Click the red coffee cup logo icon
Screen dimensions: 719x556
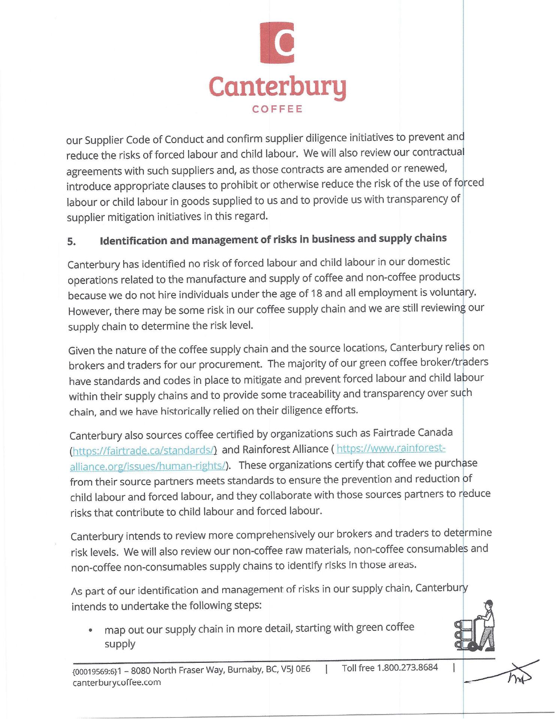pos(277,42)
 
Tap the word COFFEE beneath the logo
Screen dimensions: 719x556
pos(277,109)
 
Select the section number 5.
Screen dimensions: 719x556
pos(72,242)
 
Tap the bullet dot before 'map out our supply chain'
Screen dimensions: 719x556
pos(90,630)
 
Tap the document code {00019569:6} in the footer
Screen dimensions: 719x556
pos(94,670)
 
